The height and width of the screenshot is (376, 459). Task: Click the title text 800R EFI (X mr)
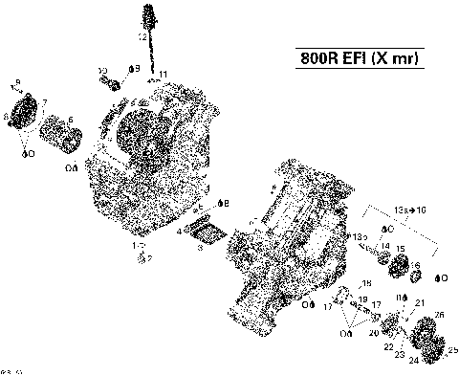[x=354, y=58]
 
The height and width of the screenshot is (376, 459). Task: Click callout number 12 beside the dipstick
[x=142, y=36]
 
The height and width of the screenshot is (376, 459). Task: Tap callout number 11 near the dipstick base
[x=164, y=75]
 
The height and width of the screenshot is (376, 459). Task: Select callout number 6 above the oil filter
[x=71, y=120]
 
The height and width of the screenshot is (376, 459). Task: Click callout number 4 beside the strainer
[x=179, y=231]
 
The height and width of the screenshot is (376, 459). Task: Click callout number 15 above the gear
[x=401, y=250]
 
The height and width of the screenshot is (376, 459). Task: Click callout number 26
[x=439, y=315]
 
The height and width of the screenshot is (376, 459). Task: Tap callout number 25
[x=452, y=350]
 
